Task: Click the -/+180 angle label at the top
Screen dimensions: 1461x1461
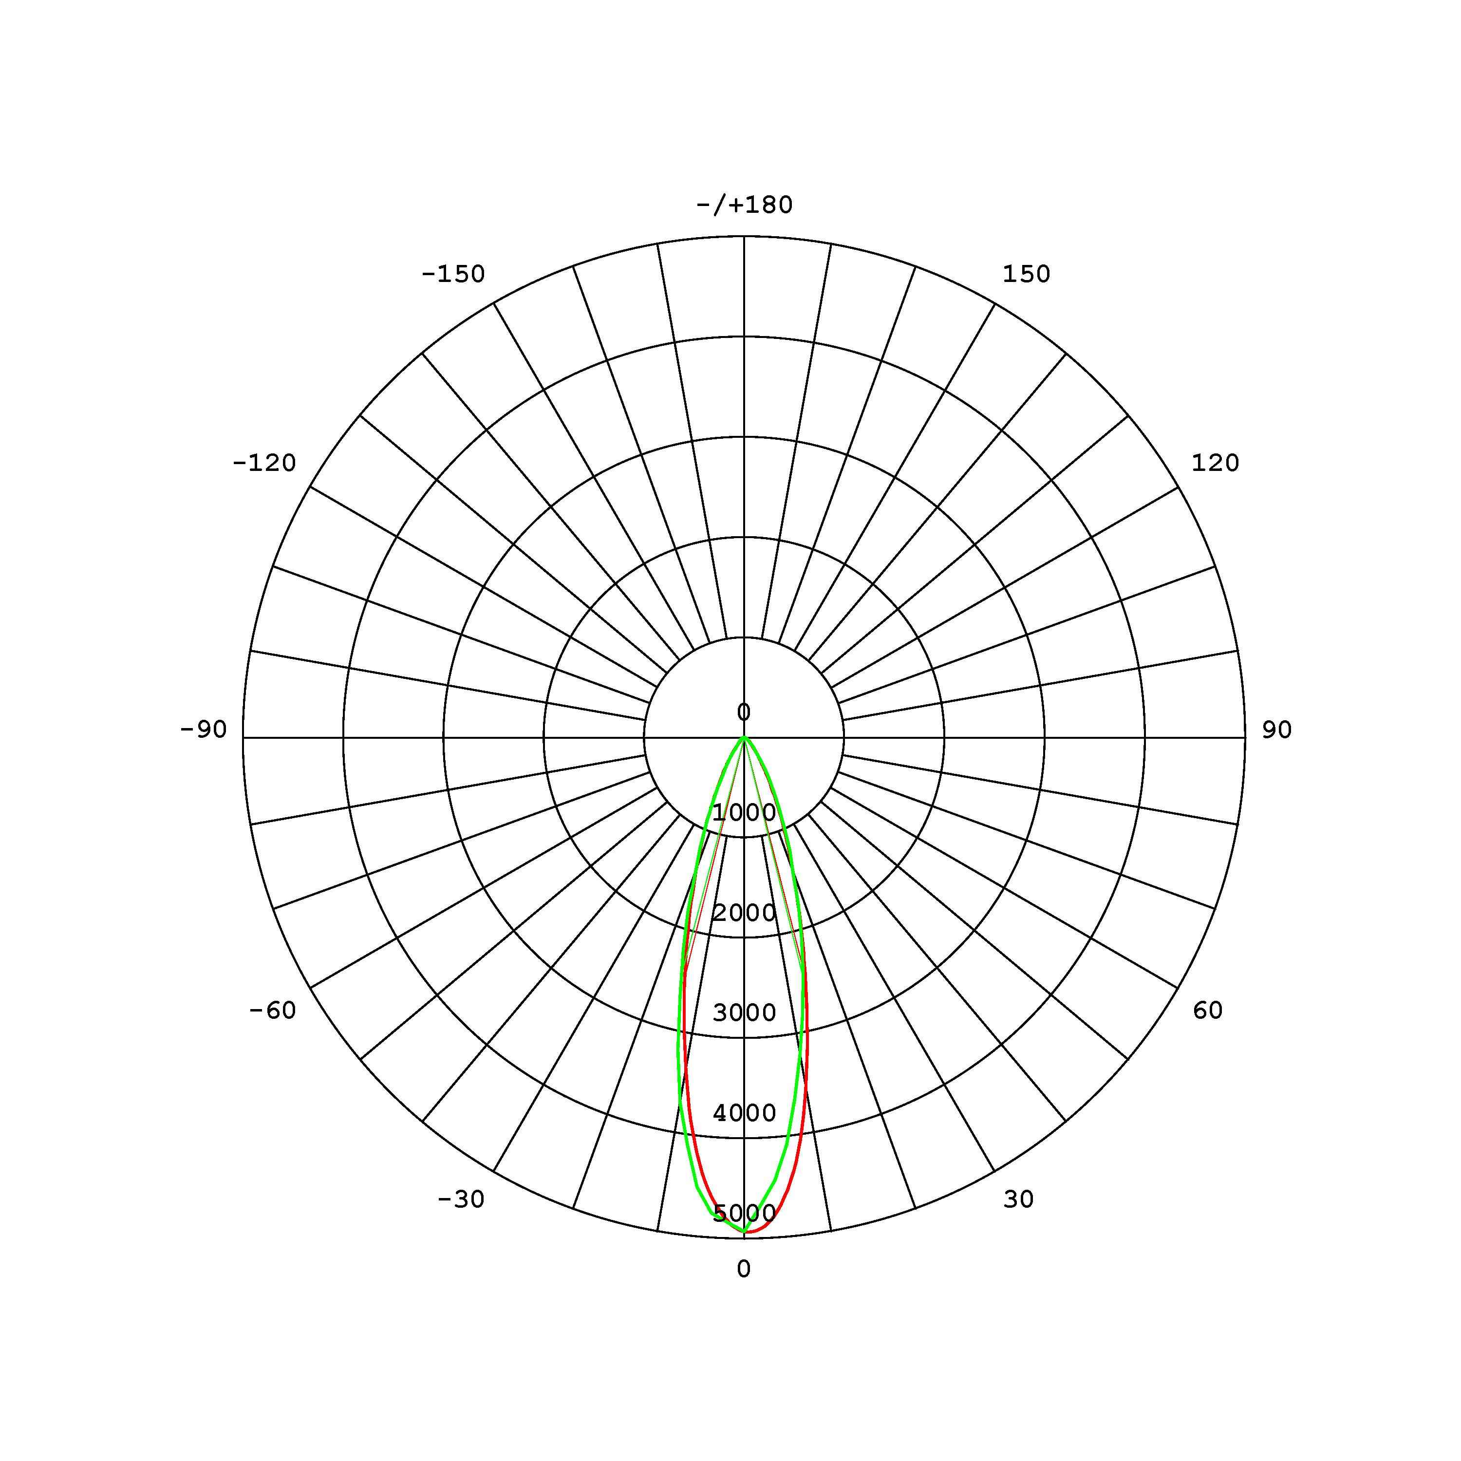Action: (744, 205)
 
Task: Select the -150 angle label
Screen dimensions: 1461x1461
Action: (453, 275)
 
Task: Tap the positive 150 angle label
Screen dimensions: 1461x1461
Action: (1026, 275)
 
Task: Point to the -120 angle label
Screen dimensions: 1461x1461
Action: (264, 464)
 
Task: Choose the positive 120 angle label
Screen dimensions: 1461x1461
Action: (1215, 464)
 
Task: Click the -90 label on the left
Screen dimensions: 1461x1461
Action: (204, 730)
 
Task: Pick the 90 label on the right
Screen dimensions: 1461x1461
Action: (1276, 730)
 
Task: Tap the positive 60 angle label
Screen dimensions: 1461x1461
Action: (1208, 1011)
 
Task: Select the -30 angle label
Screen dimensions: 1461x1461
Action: (461, 1200)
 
